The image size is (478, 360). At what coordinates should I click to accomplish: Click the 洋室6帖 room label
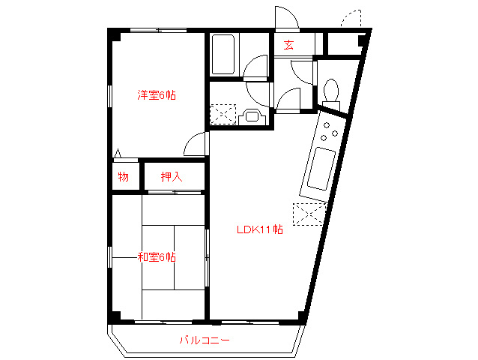(156, 95)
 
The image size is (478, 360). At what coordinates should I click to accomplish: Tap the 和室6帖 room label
(156, 257)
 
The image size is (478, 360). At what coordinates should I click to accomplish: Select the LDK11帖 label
(259, 229)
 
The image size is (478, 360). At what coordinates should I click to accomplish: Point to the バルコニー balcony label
(204, 340)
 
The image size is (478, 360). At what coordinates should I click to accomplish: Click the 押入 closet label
(172, 177)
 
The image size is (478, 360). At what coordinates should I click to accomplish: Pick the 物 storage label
(123, 177)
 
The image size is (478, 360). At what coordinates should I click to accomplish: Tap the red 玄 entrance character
(288, 45)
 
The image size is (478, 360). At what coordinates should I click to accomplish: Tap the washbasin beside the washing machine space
(252, 116)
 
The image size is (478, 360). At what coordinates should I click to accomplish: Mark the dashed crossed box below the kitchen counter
(309, 214)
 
